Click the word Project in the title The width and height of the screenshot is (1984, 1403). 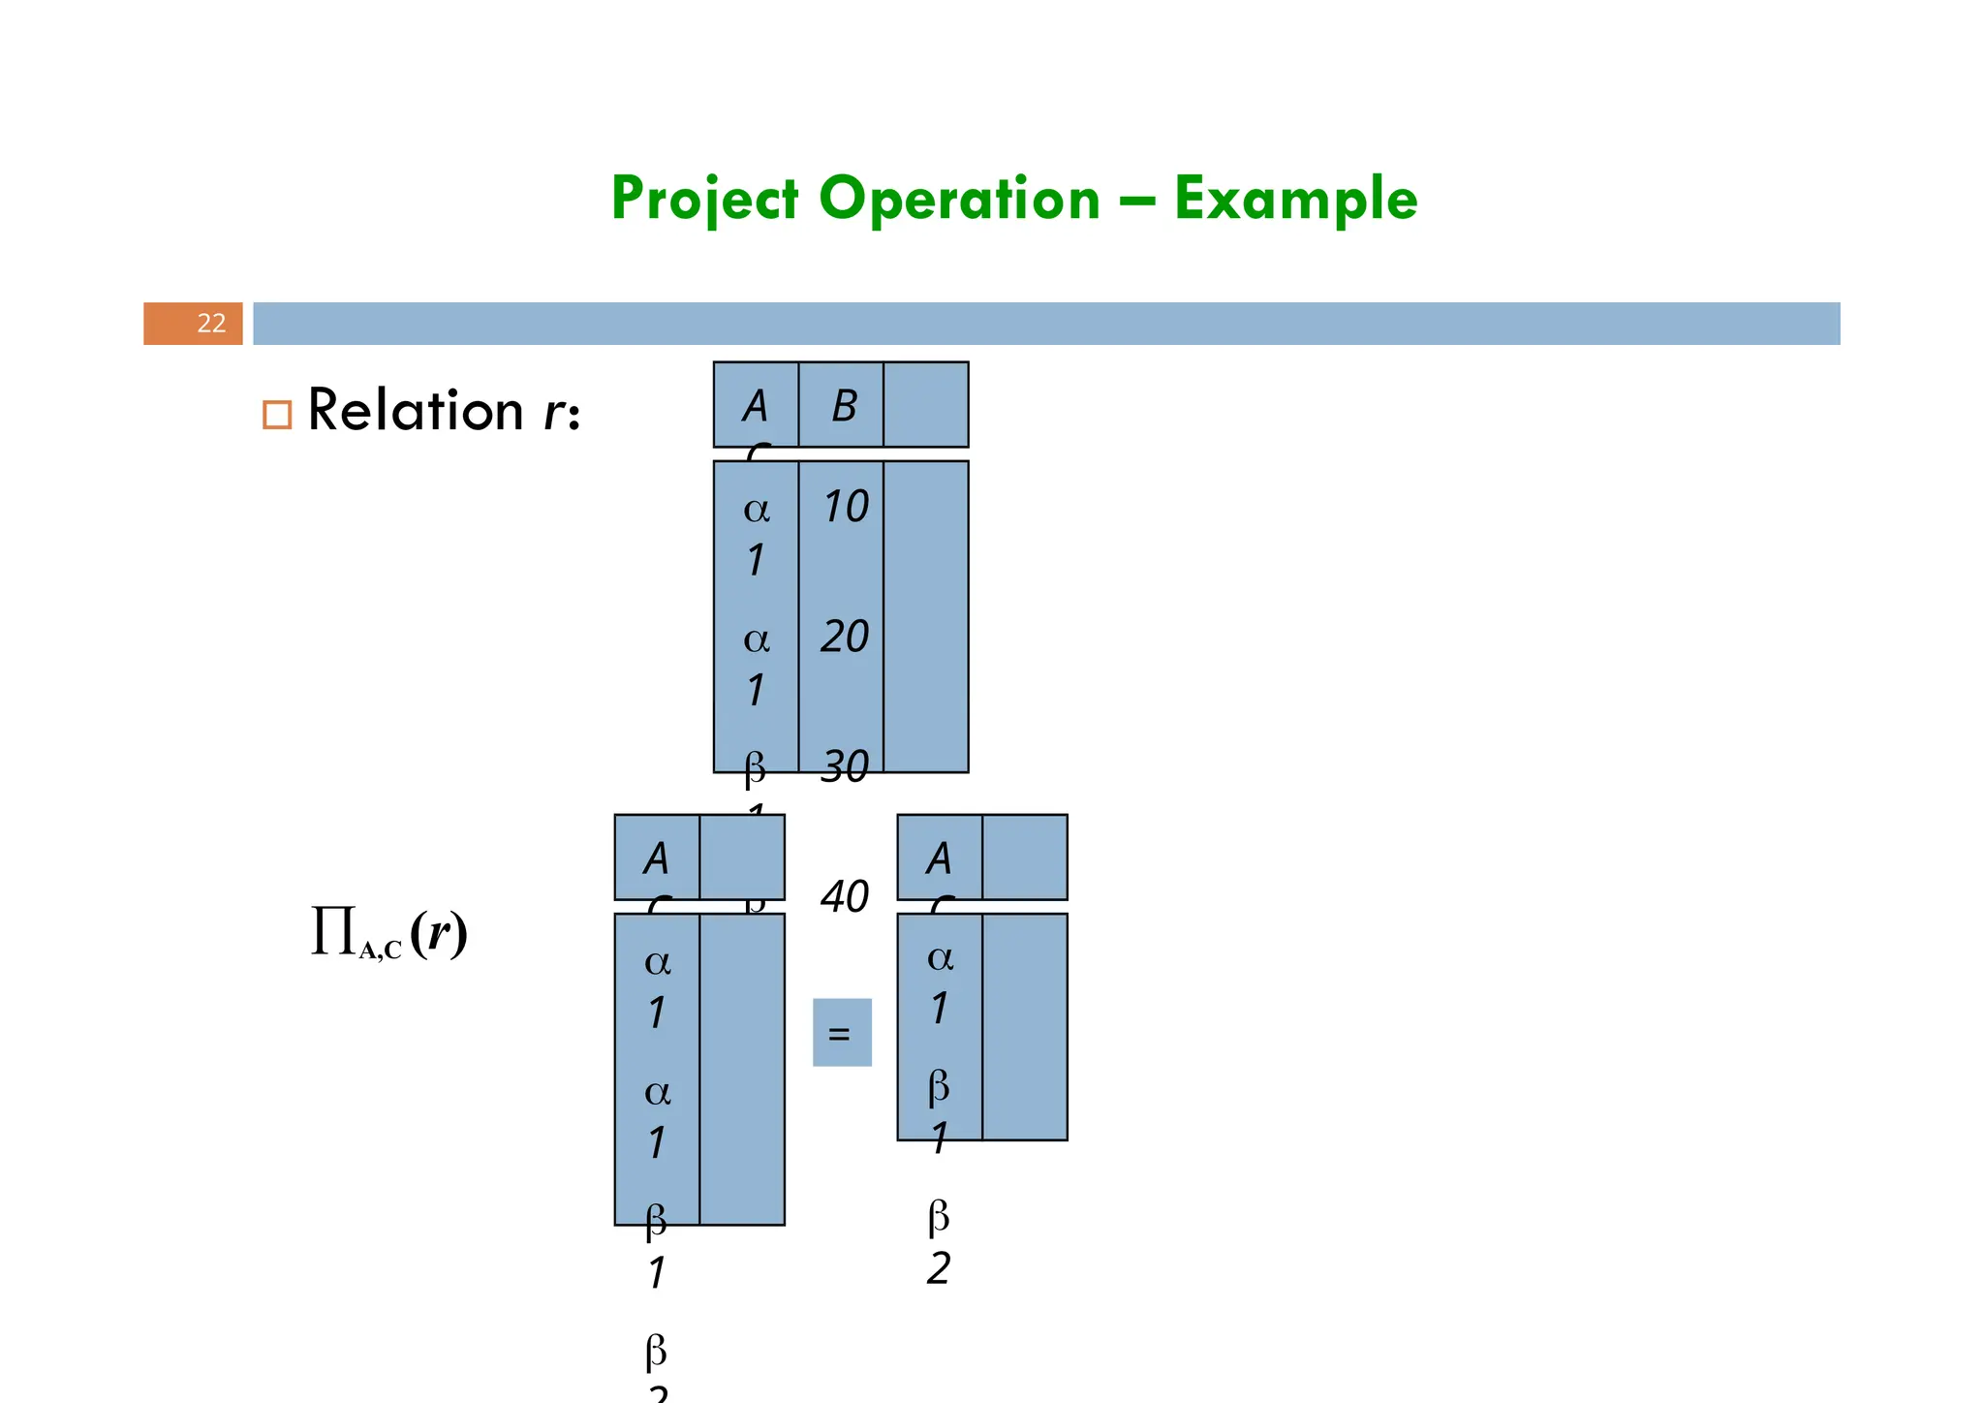[x=704, y=200]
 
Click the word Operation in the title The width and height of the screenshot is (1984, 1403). [x=959, y=200]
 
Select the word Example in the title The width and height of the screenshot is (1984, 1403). [x=1295, y=200]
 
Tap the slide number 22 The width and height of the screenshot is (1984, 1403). [x=211, y=324]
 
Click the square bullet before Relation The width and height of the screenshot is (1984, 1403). [x=277, y=415]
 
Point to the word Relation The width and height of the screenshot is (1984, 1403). [x=416, y=411]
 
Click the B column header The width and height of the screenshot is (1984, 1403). [x=844, y=406]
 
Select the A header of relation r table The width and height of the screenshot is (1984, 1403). [x=756, y=406]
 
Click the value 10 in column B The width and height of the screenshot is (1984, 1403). [x=845, y=507]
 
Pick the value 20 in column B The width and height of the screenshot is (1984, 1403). [x=845, y=638]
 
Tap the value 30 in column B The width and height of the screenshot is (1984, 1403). [x=845, y=767]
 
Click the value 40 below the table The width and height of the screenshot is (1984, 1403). [x=845, y=897]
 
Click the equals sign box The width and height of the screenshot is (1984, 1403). [x=841, y=1033]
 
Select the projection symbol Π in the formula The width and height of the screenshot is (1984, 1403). [x=333, y=932]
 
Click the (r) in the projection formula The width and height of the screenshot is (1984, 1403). [x=439, y=933]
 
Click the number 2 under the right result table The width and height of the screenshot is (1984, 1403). [x=938, y=1268]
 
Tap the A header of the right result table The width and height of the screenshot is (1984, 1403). [x=939, y=858]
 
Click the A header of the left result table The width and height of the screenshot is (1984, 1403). [x=656, y=858]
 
